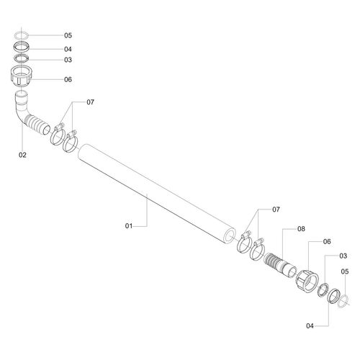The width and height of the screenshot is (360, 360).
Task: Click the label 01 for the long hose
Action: [x=129, y=226]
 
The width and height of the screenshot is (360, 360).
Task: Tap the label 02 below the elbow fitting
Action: [x=22, y=155]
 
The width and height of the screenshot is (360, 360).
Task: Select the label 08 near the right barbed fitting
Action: [x=301, y=229]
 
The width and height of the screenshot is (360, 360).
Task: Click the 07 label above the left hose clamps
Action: [x=90, y=102]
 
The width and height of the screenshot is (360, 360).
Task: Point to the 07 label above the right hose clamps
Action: [x=276, y=210]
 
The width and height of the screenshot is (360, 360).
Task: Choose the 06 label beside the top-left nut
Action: [x=68, y=79]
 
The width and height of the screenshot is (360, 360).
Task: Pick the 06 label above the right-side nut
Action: [x=327, y=241]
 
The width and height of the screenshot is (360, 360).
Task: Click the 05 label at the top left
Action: [x=68, y=35]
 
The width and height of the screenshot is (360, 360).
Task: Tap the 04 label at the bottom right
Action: [x=310, y=326]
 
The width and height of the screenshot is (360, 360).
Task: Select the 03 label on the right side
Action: [x=343, y=256]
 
